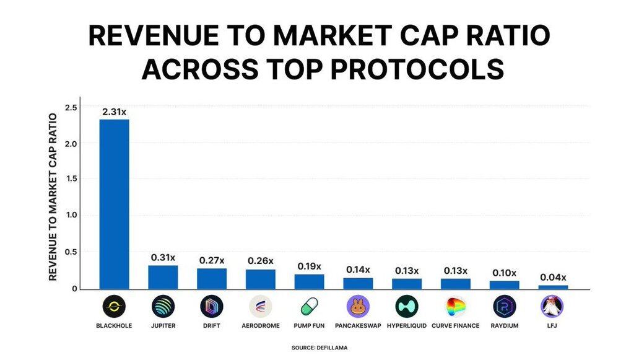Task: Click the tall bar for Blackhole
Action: point(115,204)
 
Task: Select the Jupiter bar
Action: point(163,277)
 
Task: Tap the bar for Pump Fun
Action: point(309,281)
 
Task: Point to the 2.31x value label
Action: point(115,112)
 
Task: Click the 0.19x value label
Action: point(309,266)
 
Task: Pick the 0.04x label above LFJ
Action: point(552,277)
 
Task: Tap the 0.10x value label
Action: point(504,273)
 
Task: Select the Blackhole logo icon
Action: point(115,306)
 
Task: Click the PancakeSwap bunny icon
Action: point(358,306)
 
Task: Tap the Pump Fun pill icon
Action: point(309,306)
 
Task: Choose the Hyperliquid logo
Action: point(407,306)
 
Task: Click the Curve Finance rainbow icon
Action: point(455,306)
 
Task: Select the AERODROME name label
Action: point(260,325)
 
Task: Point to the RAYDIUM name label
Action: point(504,325)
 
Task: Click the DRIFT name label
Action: point(212,325)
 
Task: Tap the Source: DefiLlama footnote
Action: point(319,348)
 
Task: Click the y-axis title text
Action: point(53,196)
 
